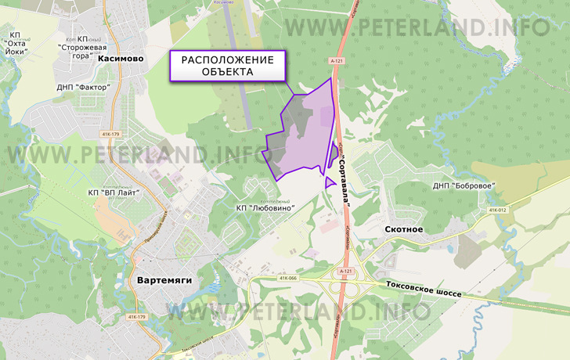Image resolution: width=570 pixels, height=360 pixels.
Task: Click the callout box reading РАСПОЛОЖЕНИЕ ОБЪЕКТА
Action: coord(229,67)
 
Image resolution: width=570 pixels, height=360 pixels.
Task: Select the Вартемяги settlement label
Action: coord(164,279)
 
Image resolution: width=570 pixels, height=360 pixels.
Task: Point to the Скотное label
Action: coord(404,229)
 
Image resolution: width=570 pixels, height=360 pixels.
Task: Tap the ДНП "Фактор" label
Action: coord(82,87)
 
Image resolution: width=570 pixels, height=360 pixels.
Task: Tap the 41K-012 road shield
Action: coord(497,210)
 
